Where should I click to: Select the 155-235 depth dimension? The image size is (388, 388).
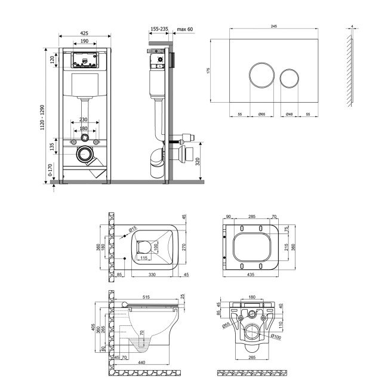point(158,29)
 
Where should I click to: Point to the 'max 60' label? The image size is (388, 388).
point(186,29)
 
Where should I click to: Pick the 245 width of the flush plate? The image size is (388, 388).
point(274,26)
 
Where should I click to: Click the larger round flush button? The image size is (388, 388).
point(261,76)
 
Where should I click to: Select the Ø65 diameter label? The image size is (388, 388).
point(261,113)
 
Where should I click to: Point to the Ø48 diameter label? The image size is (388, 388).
point(289,113)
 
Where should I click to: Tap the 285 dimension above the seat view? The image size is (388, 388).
point(251,218)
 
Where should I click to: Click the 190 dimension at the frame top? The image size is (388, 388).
point(84,42)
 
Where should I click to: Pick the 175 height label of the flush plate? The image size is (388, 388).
point(208,70)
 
